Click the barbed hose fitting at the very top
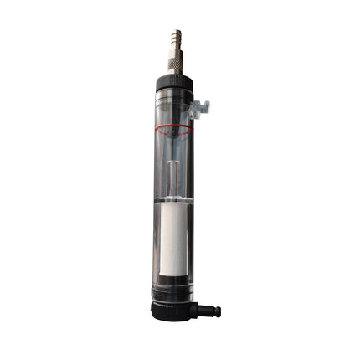pyautogui.click(x=175, y=39)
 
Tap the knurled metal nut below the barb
pyautogui.click(x=175, y=61)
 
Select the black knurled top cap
pyautogui.click(x=175, y=82)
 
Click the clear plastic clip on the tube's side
pyautogui.click(x=198, y=107)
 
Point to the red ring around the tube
pyautogui.click(x=173, y=131)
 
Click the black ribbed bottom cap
pyautogui.click(x=172, y=309)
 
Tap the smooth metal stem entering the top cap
pyautogui.click(x=175, y=72)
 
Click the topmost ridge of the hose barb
pyautogui.click(x=175, y=32)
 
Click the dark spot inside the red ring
pyautogui.click(x=173, y=129)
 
